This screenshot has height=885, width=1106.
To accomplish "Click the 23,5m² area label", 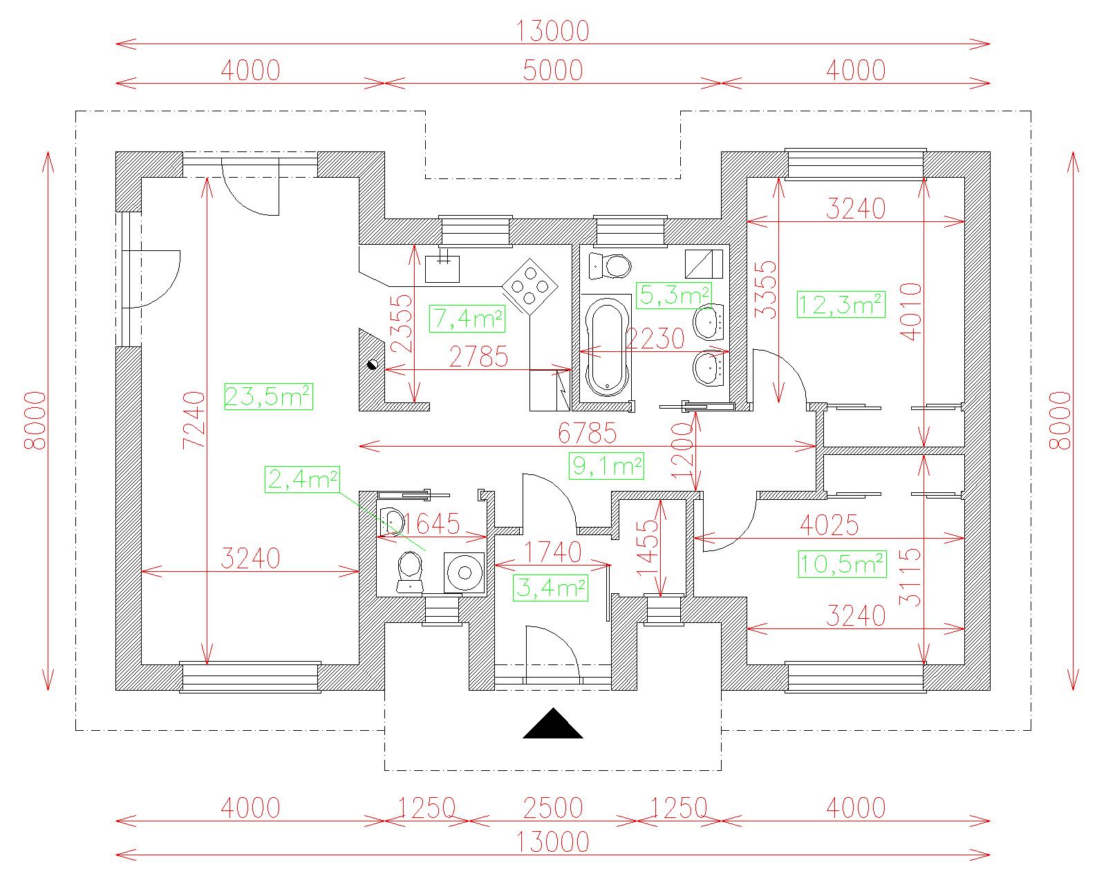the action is [268, 396].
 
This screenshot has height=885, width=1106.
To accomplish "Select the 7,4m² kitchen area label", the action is [467, 319].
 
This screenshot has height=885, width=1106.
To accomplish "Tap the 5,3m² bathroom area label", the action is [674, 296].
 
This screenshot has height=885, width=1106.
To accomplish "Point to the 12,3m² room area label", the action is [841, 304].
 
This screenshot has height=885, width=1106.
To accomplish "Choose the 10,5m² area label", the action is [842, 564].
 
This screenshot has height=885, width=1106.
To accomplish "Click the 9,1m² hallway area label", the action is [606, 466].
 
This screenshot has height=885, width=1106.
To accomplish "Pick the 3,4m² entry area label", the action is [550, 588].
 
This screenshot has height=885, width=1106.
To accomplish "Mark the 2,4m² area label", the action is [302, 479].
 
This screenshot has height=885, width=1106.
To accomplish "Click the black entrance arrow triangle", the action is [552, 724].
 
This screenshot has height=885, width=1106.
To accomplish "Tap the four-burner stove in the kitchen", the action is [530, 286].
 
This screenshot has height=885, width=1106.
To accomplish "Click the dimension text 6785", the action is [587, 433].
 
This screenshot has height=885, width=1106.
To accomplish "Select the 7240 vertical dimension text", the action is [194, 420].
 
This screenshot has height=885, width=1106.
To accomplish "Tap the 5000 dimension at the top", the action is [552, 71].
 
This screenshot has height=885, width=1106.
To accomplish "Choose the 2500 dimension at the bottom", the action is [552, 808].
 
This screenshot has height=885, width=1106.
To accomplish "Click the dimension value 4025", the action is [829, 525].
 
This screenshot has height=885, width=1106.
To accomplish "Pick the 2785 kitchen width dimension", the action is [478, 357].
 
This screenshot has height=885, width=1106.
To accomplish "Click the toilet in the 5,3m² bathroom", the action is [610, 267].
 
